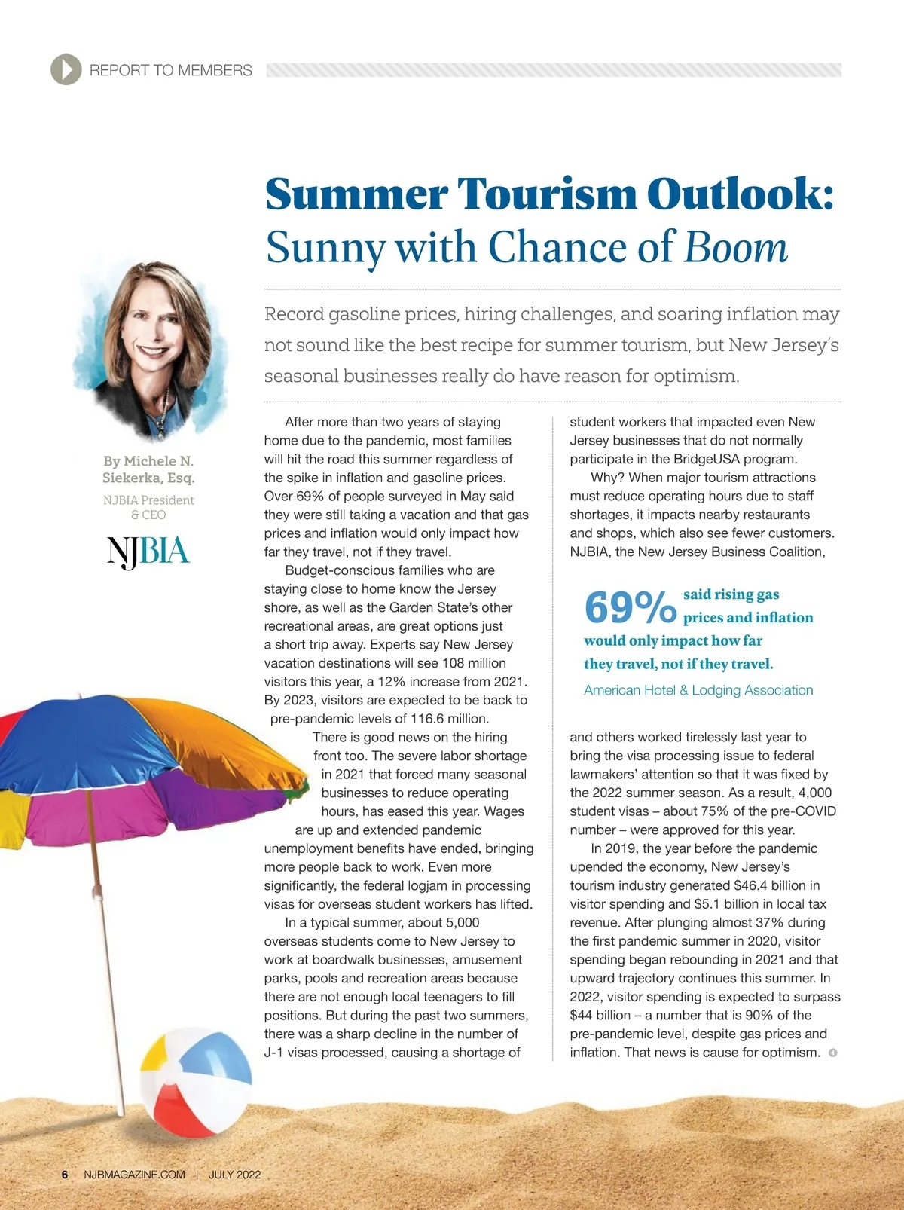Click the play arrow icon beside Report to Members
pyautogui.click(x=66, y=70)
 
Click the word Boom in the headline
pyautogui.click(x=735, y=247)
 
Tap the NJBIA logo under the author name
pyautogui.click(x=148, y=552)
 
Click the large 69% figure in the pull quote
pyautogui.click(x=630, y=607)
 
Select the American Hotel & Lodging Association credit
pyautogui.click(x=698, y=690)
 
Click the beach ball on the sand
pyautogui.click(x=196, y=1083)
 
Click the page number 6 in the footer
pyautogui.click(x=65, y=1175)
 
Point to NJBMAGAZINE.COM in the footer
pyautogui.click(x=134, y=1175)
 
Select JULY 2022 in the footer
pyautogui.click(x=235, y=1175)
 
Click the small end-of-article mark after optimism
pyautogui.click(x=832, y=1053)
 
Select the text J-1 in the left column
pyautogui.click(x=275, y=1053)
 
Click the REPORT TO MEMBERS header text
pyautogui.click(x=170, y=70)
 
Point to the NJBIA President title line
pyautogui.click(x=148, y=500)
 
